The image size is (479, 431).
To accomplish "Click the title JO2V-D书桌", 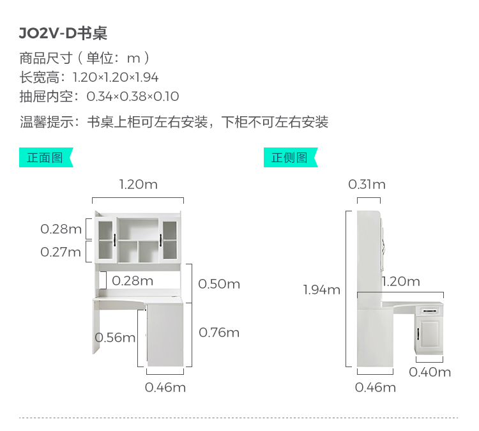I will pos(63,33).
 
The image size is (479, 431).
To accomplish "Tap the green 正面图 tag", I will pos(45,158).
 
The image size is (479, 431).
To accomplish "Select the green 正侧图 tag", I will pos(289,158).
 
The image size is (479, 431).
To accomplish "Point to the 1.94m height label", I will pos(322,290).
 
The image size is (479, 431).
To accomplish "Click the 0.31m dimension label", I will pos(367,185).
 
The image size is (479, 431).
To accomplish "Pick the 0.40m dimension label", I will pos(430,372).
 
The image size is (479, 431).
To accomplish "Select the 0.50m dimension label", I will pos(219,284).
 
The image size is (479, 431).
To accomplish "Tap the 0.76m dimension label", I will pos(219,333).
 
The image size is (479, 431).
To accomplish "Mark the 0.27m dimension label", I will pos(61,252).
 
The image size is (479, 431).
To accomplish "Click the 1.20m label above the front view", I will pos(138,185).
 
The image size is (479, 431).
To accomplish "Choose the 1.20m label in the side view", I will pos(401,282).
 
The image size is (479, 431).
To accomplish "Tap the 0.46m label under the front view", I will pos(165,388).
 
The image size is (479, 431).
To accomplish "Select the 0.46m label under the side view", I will pos(376,388).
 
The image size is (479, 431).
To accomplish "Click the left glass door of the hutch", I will pos(105,239).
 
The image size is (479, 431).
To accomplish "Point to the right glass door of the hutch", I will pos(169,239).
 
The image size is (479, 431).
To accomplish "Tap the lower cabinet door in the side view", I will pos(428,338).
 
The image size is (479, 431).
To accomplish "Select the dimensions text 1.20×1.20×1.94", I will pos(116,78).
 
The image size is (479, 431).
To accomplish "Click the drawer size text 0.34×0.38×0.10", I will pos(133,97).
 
